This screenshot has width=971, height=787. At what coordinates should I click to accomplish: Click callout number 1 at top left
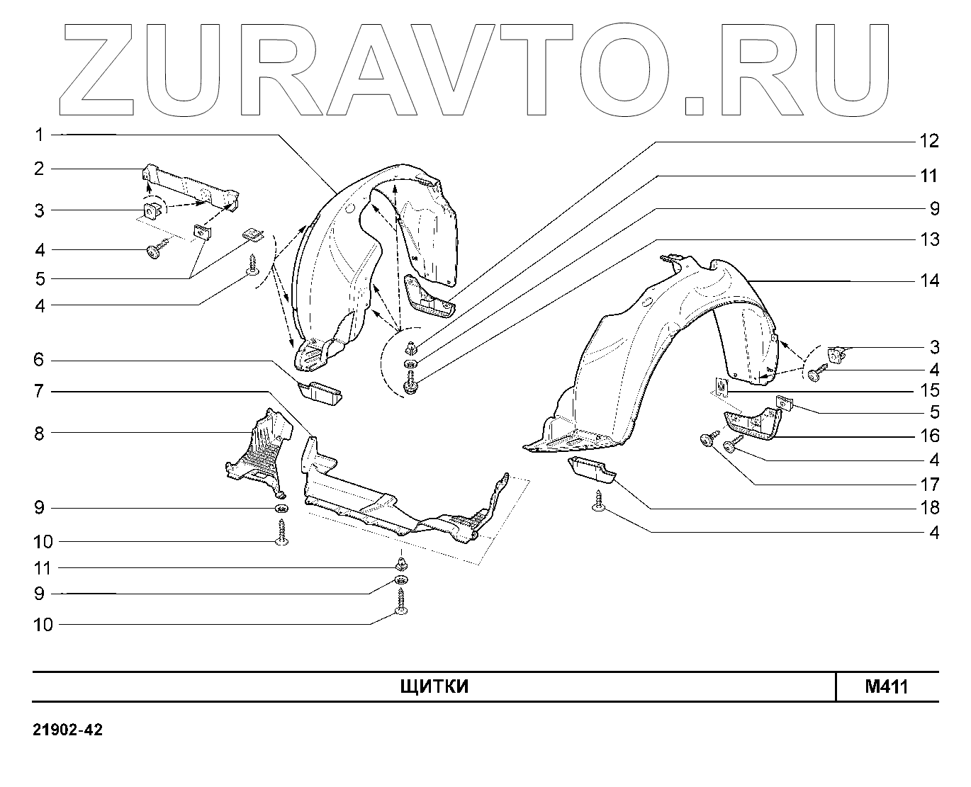(40, 134)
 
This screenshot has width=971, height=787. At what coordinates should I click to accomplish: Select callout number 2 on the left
(40, 169)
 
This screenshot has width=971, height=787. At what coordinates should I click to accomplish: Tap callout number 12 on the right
(929, 141)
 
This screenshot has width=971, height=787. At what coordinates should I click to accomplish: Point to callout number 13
(929, 239)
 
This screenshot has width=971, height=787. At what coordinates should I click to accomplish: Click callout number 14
(929, 281)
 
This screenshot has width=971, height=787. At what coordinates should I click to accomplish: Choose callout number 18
(929, 508)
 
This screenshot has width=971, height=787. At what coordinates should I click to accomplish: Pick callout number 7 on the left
(40, 391)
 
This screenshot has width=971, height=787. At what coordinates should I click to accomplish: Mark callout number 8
(40, 433)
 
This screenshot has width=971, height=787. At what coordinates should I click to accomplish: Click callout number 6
(40, 360)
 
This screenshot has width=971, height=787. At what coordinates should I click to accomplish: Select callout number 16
(929, 436)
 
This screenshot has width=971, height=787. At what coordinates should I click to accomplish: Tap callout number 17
(929, 485)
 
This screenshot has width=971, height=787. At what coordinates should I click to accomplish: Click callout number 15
(929, 390)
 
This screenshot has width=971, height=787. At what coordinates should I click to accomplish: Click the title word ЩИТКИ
(434, 687)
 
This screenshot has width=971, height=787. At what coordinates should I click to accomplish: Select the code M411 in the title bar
(886, 687)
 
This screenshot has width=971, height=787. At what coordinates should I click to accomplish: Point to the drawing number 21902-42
(67, 730)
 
